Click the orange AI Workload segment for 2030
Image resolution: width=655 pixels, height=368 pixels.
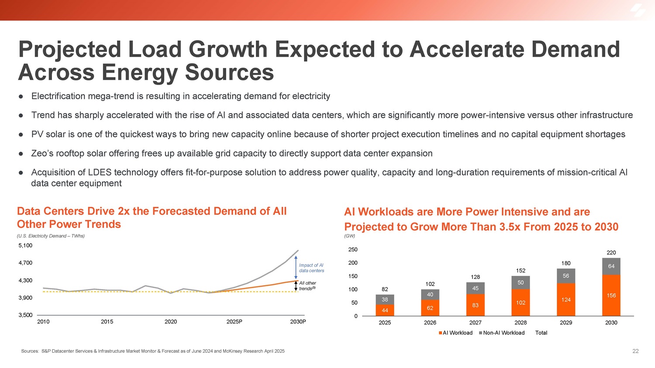pyautogui.click(x=611, y=296)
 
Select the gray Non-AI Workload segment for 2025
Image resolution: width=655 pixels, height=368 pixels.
pyautogui.click(x=385, y=299)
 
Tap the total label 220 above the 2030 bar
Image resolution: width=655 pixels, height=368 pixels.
pyautogui.click(x=611, y=253)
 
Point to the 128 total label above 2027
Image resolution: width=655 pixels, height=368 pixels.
pyautogui.click(x=475, y=277)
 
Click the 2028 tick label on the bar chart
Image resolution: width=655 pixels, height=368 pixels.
pyautogui.click(x=521, y=323)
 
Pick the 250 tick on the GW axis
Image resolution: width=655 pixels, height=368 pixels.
pyautogui.click(x=353, y=250)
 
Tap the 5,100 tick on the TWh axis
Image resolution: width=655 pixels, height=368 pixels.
pyautogui.click(x=25, y=245)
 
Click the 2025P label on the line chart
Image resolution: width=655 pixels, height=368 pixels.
pyautogui.click(x=234, y=322)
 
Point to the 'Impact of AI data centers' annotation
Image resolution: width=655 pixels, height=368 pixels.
pyautogui.click(x=311, y=268)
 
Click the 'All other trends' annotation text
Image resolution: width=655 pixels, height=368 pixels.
pyautogui.click(x=307, y=285)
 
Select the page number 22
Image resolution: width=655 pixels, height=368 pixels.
pyautogui.click(x=635, y=351)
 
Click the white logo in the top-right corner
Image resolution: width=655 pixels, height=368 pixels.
pyautogui.click(x=638, y=10)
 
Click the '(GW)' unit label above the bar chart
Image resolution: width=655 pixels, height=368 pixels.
pyautogui.click(x=349, y=236)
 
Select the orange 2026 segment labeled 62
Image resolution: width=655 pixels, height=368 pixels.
pyautogui.click(x=430, y=308)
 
